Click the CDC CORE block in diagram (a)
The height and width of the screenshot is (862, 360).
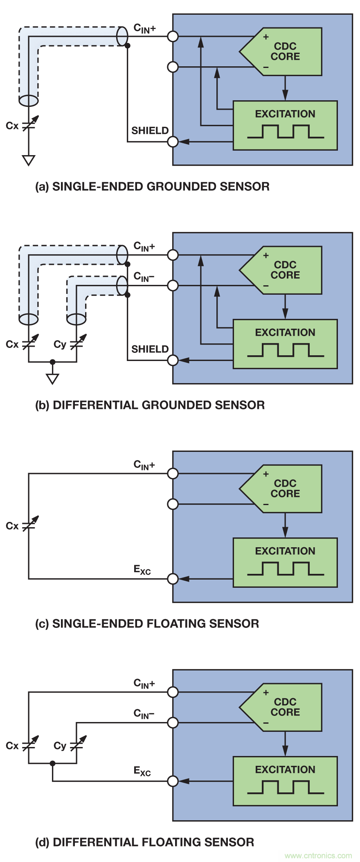(285, 52)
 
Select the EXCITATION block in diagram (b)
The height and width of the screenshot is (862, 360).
(285, 344)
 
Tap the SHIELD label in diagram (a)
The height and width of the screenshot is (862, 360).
(150, 131)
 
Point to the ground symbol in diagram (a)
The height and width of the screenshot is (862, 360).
(29, 160)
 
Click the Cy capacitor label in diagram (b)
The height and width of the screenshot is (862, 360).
(60, 344)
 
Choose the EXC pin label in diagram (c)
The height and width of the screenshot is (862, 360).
(142, 570)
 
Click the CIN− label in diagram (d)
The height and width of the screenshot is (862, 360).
(144, 714)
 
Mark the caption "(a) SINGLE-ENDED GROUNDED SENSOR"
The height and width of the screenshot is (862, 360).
(152, 187)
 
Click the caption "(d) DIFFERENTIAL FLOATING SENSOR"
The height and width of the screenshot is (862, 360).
(144, 842)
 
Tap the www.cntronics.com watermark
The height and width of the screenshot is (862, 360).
(318, 855)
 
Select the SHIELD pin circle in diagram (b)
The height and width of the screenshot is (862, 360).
(173, 360)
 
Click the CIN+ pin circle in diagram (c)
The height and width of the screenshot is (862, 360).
(173, 474)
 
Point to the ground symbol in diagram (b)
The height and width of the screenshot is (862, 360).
(52, 379)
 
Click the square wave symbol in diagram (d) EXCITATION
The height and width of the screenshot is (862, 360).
(285, 787)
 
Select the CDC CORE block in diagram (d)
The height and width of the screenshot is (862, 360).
(285, 707)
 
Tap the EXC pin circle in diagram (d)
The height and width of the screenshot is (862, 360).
(173, 781)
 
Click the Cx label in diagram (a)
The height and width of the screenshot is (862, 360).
(12, 126)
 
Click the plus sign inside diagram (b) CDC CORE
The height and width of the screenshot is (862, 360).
(266, 256)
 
